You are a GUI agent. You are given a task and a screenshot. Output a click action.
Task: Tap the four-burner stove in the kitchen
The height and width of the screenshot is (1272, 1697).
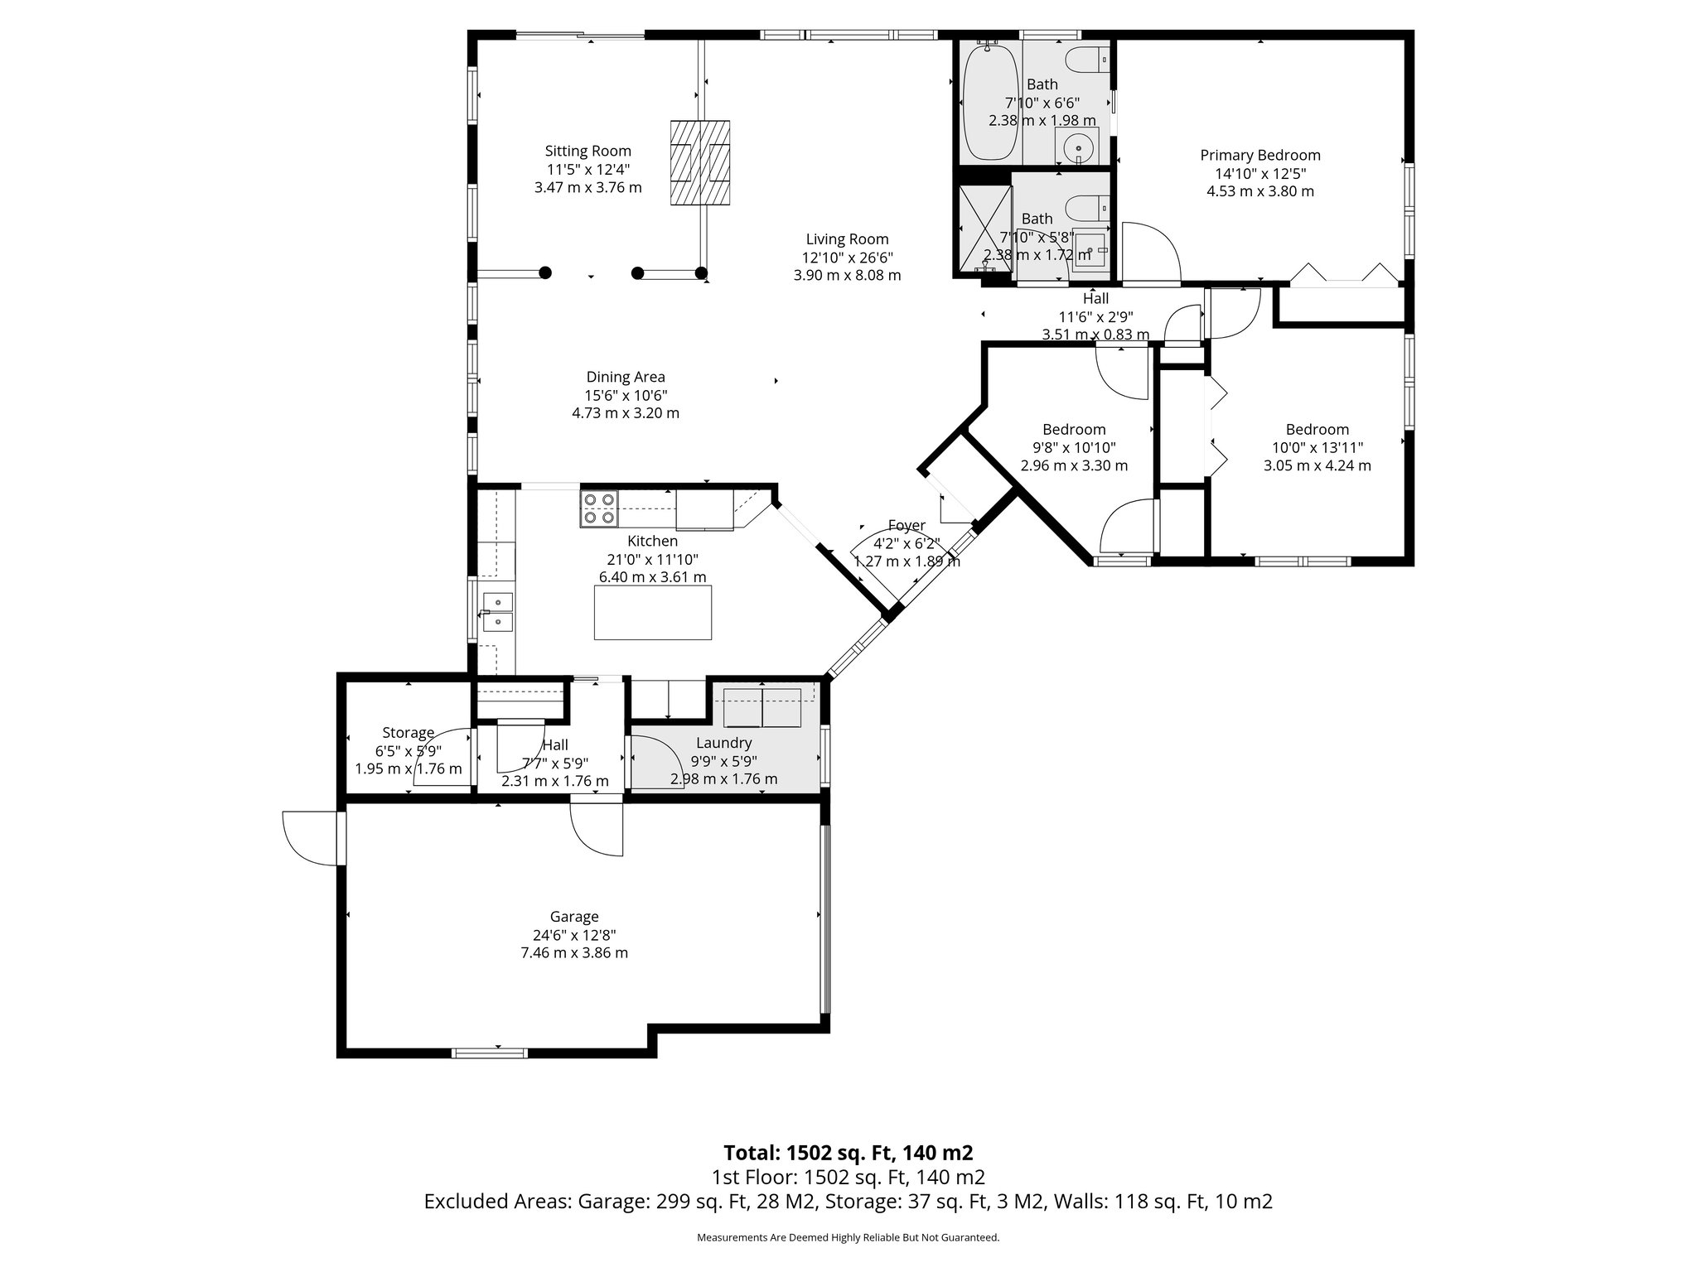pos(599,508)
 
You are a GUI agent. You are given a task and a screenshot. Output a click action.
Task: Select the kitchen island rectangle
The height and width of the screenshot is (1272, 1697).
pos(653,612)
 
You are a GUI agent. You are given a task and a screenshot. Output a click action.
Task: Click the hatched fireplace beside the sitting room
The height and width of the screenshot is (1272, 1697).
pos(700,162)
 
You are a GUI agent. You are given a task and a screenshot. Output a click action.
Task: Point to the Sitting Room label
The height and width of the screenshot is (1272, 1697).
pos(587,151)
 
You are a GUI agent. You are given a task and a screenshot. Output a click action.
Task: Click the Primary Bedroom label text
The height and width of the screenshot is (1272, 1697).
pos(1259,155)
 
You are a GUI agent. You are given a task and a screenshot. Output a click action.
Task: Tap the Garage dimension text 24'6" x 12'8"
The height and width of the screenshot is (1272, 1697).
pos(573,935)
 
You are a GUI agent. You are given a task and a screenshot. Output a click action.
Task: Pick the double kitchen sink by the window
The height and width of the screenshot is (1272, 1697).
pos(498,611)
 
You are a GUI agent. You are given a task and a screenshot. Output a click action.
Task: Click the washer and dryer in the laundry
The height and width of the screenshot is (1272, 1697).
pos(762,707)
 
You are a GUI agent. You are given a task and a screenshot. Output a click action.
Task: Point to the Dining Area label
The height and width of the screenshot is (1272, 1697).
pos(626,377)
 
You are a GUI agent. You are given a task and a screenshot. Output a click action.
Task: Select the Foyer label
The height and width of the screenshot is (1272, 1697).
pos(906,525)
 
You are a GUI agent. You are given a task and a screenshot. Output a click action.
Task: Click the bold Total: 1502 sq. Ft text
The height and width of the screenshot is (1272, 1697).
pos(848,1153)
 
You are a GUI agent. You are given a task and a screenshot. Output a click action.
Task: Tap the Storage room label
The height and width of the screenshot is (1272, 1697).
pos(408,732)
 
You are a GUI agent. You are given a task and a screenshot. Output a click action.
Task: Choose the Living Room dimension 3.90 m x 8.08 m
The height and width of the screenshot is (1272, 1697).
pos(847,275)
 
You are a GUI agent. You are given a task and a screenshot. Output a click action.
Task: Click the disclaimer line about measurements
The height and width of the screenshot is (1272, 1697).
pos(848,1238)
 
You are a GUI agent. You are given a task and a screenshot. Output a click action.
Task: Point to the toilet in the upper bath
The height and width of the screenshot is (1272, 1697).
pos(1085,60)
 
